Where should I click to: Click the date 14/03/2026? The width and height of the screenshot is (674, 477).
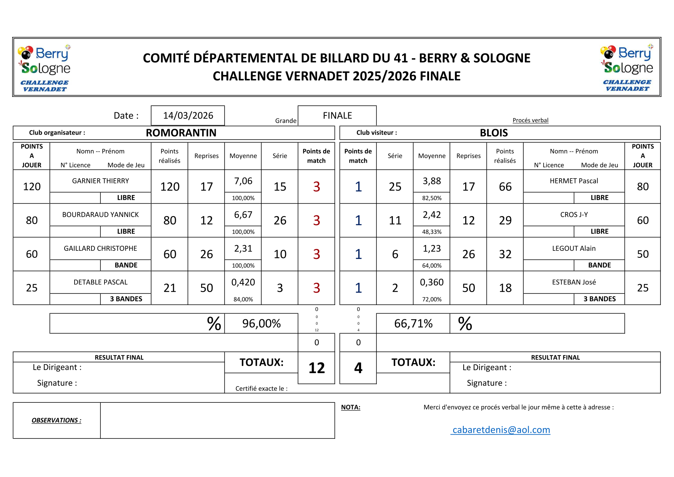[188, 115]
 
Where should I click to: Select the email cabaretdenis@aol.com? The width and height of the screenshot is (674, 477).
[501, 430]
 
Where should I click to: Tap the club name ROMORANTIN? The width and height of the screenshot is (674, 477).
[181, 133]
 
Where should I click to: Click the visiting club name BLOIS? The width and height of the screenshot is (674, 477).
[494, 133]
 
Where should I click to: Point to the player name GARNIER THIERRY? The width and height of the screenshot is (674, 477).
[100, 181]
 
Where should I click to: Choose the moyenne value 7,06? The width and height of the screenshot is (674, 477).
[243, 181]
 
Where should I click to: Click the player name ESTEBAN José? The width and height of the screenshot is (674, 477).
[574, 282]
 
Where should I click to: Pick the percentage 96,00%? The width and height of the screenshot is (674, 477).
[261, 324]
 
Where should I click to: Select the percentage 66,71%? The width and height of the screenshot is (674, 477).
[413, 324]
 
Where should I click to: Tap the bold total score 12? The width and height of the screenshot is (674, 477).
[316, 368]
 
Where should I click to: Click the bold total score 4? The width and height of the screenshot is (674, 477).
[358, 368]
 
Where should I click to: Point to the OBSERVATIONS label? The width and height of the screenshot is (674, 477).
[57, 420]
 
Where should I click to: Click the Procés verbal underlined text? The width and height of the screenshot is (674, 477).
[530, 120]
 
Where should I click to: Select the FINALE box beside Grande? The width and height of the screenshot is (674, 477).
[337, 115]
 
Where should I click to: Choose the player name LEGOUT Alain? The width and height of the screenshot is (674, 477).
[574, 249]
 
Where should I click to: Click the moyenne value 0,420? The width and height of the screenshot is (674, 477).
[243, 282]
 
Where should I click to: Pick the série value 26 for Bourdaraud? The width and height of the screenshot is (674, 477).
[280, 220]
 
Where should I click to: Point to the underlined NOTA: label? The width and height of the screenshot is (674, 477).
[351, 407]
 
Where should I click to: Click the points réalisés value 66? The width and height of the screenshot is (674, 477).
[505, 187]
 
